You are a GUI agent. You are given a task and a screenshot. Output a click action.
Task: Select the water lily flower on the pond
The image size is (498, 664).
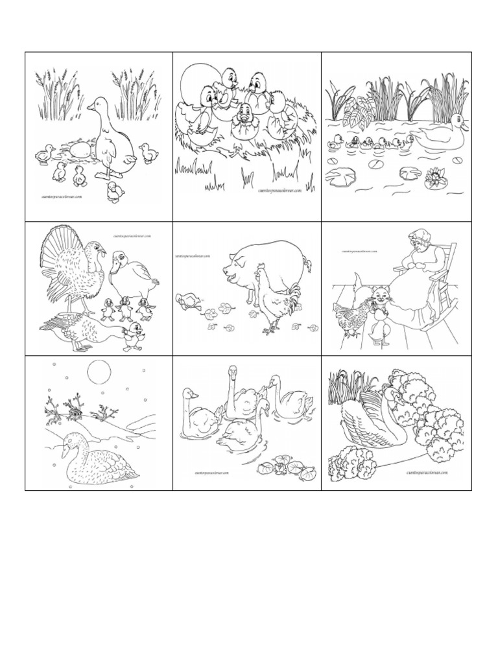tap(433, 176)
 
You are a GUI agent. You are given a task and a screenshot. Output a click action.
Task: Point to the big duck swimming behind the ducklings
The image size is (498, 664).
tap(438, 136)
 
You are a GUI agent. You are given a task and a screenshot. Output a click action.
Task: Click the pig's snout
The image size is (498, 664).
tap(227, 267)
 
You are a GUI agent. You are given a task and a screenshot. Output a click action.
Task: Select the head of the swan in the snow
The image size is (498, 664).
tap(69, 442)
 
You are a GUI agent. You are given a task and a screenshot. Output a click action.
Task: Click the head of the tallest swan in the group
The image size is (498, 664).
tap(232, 372)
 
